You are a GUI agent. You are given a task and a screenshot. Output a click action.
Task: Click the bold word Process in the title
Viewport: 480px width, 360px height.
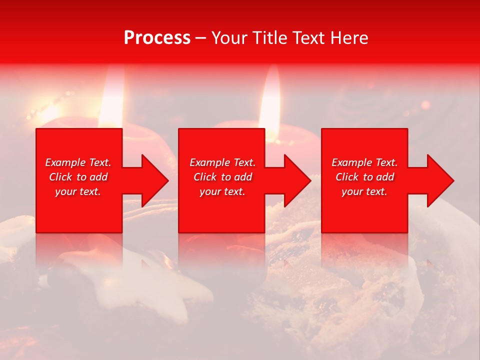pos(157,38)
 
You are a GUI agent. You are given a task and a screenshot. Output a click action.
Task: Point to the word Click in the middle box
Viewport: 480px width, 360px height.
pos(204,177)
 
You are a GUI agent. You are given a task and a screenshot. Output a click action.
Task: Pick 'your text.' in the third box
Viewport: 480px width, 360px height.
pos(364,191)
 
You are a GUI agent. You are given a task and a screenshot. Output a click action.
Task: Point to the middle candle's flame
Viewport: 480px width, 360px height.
pos(270,100)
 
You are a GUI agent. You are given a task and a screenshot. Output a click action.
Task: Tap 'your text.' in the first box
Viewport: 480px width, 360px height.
pos(78,191)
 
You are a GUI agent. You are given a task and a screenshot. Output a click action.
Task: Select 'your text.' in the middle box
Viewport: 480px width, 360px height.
pos(222,191)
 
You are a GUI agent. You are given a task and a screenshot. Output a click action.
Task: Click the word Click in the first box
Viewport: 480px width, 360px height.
pos(60,177)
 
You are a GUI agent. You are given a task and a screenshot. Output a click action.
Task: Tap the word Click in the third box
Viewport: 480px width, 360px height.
pos(346,177)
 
